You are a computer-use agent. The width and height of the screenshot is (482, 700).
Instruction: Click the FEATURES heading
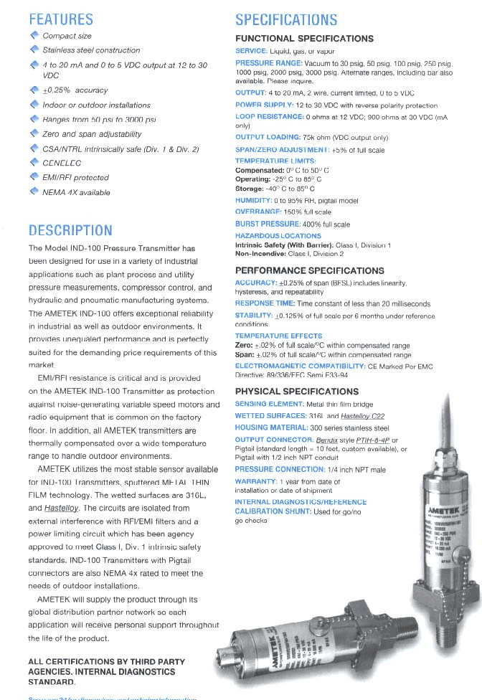click(x=61, y=19)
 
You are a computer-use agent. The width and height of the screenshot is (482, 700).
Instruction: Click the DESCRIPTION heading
click(x=70, y=230)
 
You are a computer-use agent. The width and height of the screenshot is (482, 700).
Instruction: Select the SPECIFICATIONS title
click(x=286, y=19)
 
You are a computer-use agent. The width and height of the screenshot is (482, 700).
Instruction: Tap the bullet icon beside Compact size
click(x=34, y=35)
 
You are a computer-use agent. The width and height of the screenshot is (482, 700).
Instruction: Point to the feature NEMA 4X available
click(x=76, y=192)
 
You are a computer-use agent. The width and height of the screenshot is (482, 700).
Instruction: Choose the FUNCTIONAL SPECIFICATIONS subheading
click(x=305, y=38)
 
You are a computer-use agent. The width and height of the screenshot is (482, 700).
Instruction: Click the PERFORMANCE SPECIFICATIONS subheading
click(x=310, y=270)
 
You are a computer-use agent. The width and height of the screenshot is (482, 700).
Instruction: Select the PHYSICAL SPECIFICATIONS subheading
click(x=296, y=392)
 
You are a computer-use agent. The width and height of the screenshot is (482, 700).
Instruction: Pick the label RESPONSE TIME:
click(x=265, y=304)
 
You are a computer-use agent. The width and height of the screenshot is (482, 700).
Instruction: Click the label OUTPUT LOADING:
click(x=268, y=137)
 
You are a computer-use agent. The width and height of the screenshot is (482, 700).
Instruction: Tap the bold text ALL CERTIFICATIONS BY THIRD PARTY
click(x=106, y=661)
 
